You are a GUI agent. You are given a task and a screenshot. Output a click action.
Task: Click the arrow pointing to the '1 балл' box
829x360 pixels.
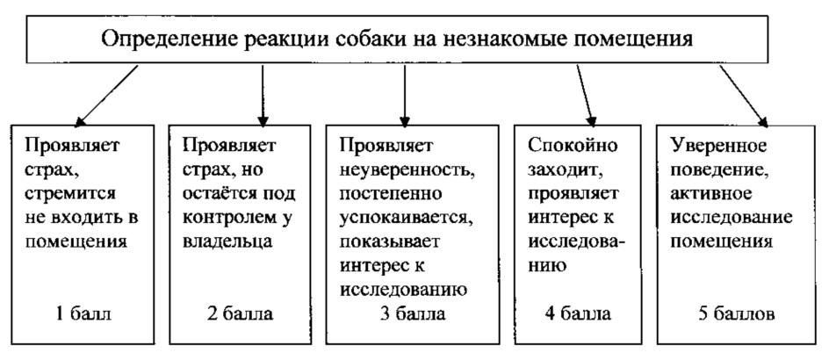106,96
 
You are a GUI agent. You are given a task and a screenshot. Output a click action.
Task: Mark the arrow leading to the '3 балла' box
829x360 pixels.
404,96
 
